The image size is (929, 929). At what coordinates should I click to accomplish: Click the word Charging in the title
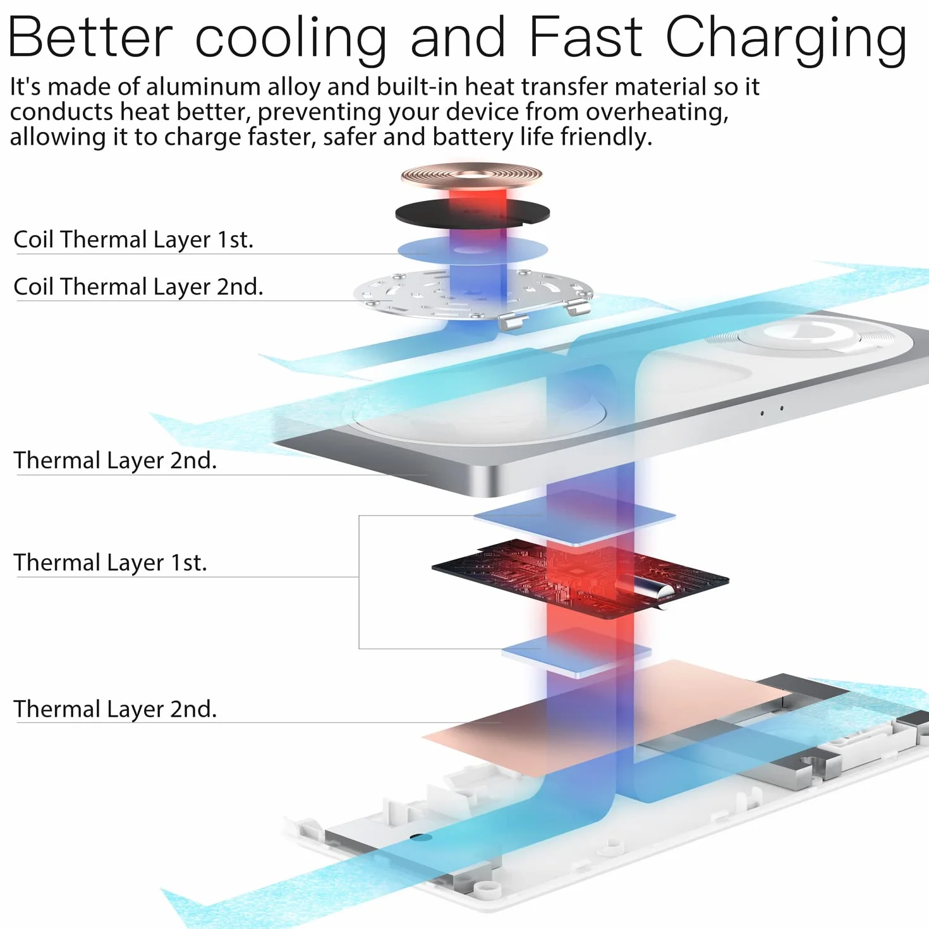pyautogui.click(x=786, y=40)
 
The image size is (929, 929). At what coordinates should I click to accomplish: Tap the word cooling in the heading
pyautogui.click(x=291, y=40)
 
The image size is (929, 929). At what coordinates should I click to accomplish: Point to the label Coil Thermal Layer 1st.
pyautogui.click(x=133, y=239)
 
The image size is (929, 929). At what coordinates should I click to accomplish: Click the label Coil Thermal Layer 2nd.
pyautogui.click(x=138, y=286)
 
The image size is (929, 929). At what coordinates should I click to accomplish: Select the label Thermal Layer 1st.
pyautogui.click(x=111, y=562)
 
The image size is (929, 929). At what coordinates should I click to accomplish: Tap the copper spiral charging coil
pyautogui.click(x=471, y=176)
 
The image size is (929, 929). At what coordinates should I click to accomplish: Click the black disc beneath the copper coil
pyautogui.click(x=473, y=212)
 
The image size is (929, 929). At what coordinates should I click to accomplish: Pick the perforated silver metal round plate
pyautogui.click(x=473, y=295)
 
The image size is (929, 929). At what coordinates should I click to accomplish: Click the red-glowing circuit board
pyautogui.click(x=580, y=578)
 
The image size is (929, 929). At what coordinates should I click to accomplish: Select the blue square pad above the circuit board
pyautogui.click(x=574, y=517)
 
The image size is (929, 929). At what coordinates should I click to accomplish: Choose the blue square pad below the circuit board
pyautogui.click(x=576, y=652)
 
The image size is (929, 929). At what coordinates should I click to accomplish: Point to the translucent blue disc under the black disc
pyautogui.click(x=473, y=250)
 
